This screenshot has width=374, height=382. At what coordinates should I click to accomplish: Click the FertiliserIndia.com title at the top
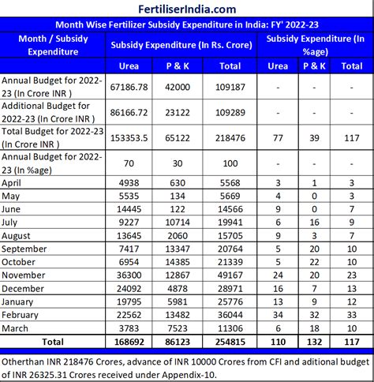(187, 9)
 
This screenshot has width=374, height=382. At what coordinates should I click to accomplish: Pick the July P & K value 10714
(180, 223)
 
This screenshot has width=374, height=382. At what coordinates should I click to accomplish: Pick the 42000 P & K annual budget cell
(180, 85)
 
